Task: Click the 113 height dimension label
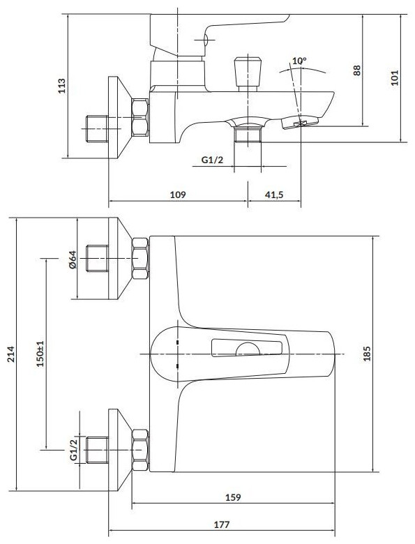click(x=61, y=85)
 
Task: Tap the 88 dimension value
click(x=357, y=70)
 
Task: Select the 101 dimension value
click(x=395, y=77)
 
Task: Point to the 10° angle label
click(x=299, y=61)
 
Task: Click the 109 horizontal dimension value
click(x=178, y=195)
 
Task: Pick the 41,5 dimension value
click(x=274, y=195)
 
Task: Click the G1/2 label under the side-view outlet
click(x=212, y=160)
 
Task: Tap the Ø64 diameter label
click(x=73, y=259)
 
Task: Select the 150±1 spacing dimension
click(x=40, y=353)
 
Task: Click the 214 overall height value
click(x=12, y=354)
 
